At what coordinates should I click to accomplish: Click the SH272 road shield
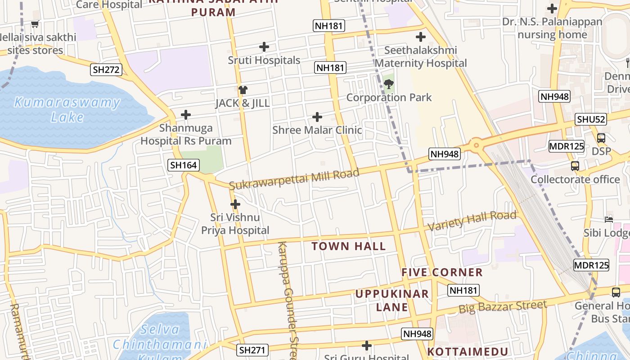pyautogui.click(x=106, y=69)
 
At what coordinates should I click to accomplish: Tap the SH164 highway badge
pyautogui.click(x=183, y=165)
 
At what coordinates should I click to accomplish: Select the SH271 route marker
pyautogui.click(x=252, y=350)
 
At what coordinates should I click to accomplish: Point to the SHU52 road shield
pyautogui.click(x=591, y=119)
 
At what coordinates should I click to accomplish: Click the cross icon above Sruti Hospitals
pyautogui.click(x=264, y=46)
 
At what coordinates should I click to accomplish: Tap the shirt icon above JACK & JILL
pyautogui.click(x=243, y=90)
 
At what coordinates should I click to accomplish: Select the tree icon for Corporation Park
pyautogui.click(x=389, y=84)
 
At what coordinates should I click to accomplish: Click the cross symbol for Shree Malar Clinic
pyautogui.click(x=317, y=117)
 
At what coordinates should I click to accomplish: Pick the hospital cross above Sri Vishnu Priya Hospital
pyautogui.click(x=235, y=204)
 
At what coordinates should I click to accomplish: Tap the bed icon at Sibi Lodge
pyautogui.click(x=609, y=220)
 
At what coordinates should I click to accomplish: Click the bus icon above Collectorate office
pyautogui.click(x=575, y=166)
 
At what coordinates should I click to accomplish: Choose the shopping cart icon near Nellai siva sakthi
pyautogui.click(x=35, y=24)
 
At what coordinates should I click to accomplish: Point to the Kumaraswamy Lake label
pyautogui.click(x=67, y=110)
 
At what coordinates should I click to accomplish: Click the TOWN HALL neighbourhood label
pyautogui.click(x=349, y=246)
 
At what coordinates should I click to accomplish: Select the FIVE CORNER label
pyautogui.click(x=442, y=272)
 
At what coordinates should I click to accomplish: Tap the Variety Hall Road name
pyautogui.click(x=472, y=221)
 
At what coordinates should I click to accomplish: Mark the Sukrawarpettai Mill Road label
pyautogui.click(x=294, y=179)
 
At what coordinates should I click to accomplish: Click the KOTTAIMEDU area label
pyautogui.click(x=468, y=351)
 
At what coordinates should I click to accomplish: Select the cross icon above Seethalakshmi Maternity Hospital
pyautogui.click(x=421, y=36)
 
